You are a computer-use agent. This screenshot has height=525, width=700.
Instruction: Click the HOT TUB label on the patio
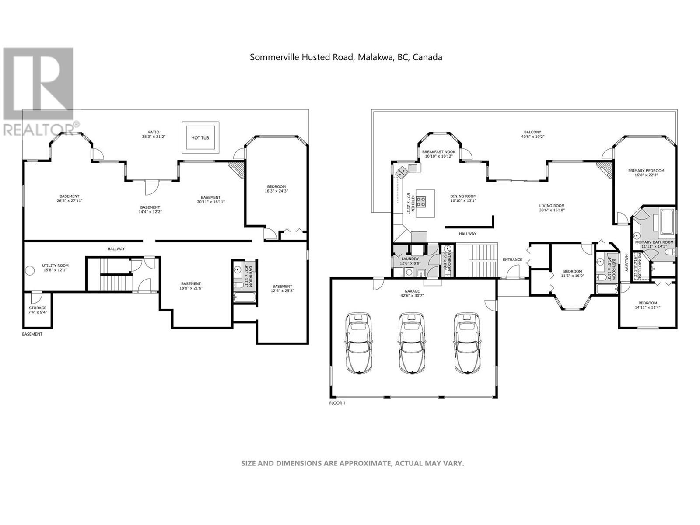200,138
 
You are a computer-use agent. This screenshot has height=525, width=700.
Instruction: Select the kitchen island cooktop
421,202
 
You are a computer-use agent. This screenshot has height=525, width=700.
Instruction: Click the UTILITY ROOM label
55,266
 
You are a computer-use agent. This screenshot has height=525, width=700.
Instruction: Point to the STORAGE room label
38,308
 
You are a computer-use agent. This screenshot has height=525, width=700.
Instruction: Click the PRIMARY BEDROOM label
646,171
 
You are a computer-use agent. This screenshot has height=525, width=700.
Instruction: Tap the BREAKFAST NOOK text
439,152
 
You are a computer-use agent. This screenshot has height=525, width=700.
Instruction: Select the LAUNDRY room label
410,259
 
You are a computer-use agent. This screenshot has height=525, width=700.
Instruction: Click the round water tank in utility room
30,271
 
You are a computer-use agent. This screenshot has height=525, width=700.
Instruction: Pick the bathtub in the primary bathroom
667,222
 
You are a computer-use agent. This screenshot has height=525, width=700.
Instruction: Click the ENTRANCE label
512,259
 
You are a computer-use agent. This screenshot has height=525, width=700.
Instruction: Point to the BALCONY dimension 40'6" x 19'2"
532,136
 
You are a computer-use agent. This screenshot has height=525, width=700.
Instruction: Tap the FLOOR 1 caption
337,403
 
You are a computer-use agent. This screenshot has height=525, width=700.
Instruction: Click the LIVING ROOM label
552,206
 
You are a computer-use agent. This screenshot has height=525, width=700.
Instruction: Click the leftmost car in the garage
358,343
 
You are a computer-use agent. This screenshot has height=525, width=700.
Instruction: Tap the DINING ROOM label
463,196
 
